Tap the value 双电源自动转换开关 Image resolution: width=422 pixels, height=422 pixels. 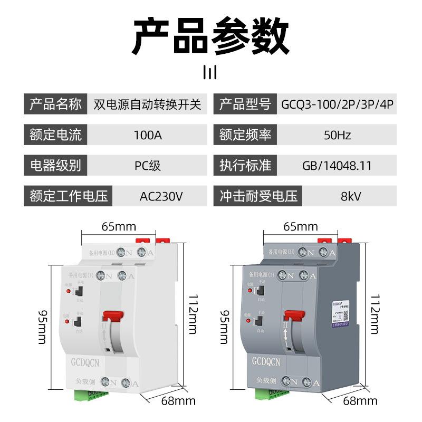click(147, 104)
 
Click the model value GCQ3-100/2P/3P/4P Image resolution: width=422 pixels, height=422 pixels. click(338, 104)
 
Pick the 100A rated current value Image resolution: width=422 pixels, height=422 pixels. click(147, 135)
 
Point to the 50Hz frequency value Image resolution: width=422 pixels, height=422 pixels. click(337, 135)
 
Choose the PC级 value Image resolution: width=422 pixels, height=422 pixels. click(147, 166)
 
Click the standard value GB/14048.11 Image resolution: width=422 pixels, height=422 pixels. click(337, 166)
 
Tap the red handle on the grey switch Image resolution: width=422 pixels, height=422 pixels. click(294, 315)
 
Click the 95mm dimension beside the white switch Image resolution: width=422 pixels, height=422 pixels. click(42, 327)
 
